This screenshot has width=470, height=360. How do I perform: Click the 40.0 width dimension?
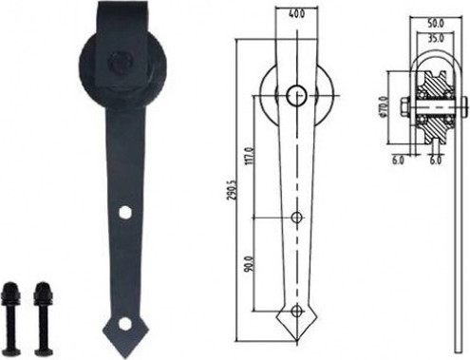297,14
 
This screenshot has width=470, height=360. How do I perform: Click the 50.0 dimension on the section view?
436,23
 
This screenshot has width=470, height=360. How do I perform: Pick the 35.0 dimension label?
436,38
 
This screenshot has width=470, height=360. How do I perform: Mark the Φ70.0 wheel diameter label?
384,106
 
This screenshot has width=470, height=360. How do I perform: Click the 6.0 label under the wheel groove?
436,161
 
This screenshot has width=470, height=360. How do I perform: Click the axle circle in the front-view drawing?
297,95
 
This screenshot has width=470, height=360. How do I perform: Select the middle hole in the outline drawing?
296,218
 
